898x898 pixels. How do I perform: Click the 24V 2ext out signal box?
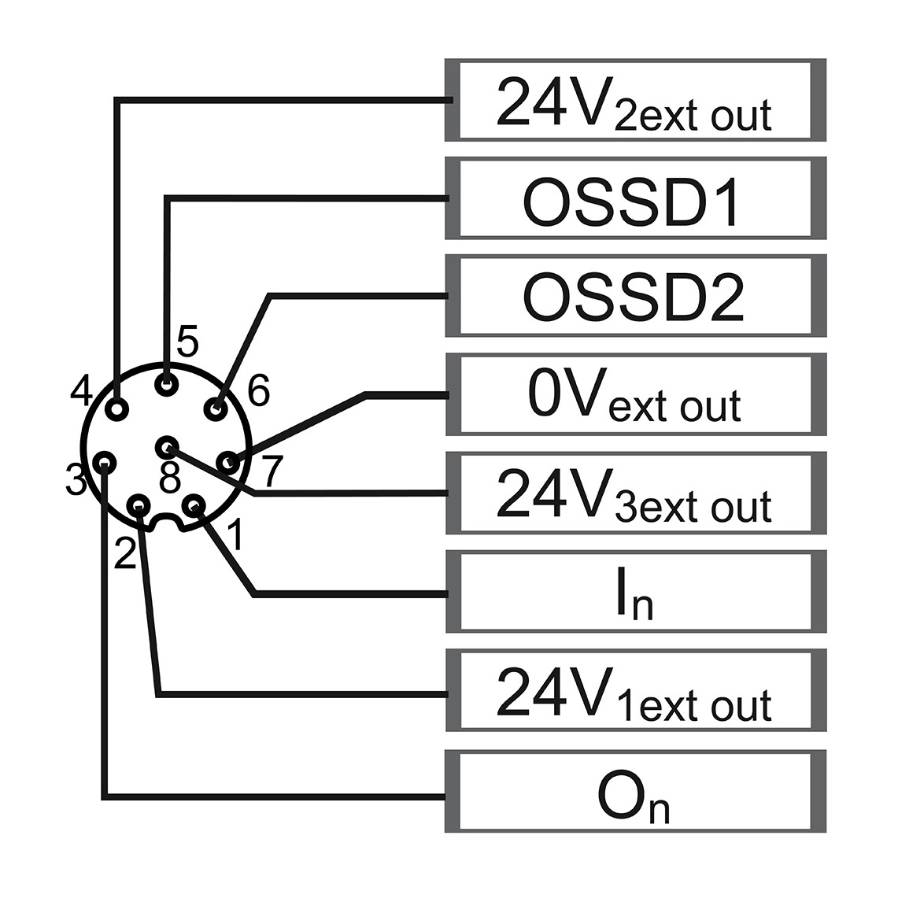[636, 100]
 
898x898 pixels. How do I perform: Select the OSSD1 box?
[636, 198]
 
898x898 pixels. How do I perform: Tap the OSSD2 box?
[636, 296]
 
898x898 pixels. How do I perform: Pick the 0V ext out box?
[636, 394]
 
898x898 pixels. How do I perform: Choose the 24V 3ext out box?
[636, 493]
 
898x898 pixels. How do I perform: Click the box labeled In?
[636, 592]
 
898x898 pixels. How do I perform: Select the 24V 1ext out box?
[636, 690]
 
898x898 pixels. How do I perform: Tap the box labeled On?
[636, 791]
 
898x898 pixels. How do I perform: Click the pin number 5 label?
[187, 341]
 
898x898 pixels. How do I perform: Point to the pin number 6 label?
[258, 390]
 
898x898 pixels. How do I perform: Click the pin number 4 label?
[81, 390]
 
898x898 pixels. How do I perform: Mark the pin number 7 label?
[272, 471]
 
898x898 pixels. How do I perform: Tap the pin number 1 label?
[235, 535]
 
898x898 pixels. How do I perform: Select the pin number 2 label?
[125, 553]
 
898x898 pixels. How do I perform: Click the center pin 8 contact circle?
[167, 447]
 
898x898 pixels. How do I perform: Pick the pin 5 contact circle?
[167, 383]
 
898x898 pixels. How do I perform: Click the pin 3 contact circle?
[104, 461]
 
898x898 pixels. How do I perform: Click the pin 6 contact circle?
[216, 409]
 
